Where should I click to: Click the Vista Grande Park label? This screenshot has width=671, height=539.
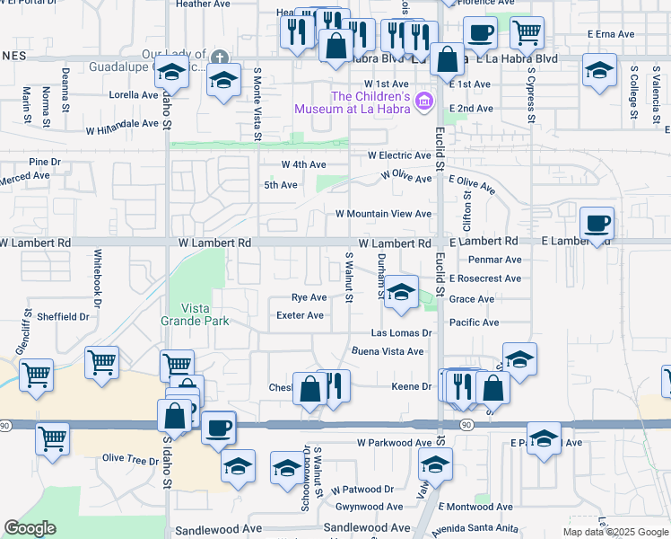tap(195, 314)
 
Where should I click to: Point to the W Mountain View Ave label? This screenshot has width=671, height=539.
tap(383, 214)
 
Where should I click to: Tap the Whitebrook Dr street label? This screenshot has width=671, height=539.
tap(93, 275)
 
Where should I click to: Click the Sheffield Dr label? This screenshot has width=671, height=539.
tap(64, 316)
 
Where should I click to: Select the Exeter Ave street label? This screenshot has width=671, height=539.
tap(300, 315)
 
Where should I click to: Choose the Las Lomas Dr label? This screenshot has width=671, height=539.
tap(402, 332)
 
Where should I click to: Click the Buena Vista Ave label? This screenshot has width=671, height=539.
tap(387, 351)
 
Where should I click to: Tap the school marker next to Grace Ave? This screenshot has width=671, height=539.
tap(401, 292)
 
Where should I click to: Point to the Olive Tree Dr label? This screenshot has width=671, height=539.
tap(129, 458)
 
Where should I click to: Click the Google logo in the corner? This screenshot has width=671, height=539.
tap(30, 528)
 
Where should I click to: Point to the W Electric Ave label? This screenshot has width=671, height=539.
tap(399, 155)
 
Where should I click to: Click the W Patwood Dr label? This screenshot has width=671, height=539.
tap(362, 490)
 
